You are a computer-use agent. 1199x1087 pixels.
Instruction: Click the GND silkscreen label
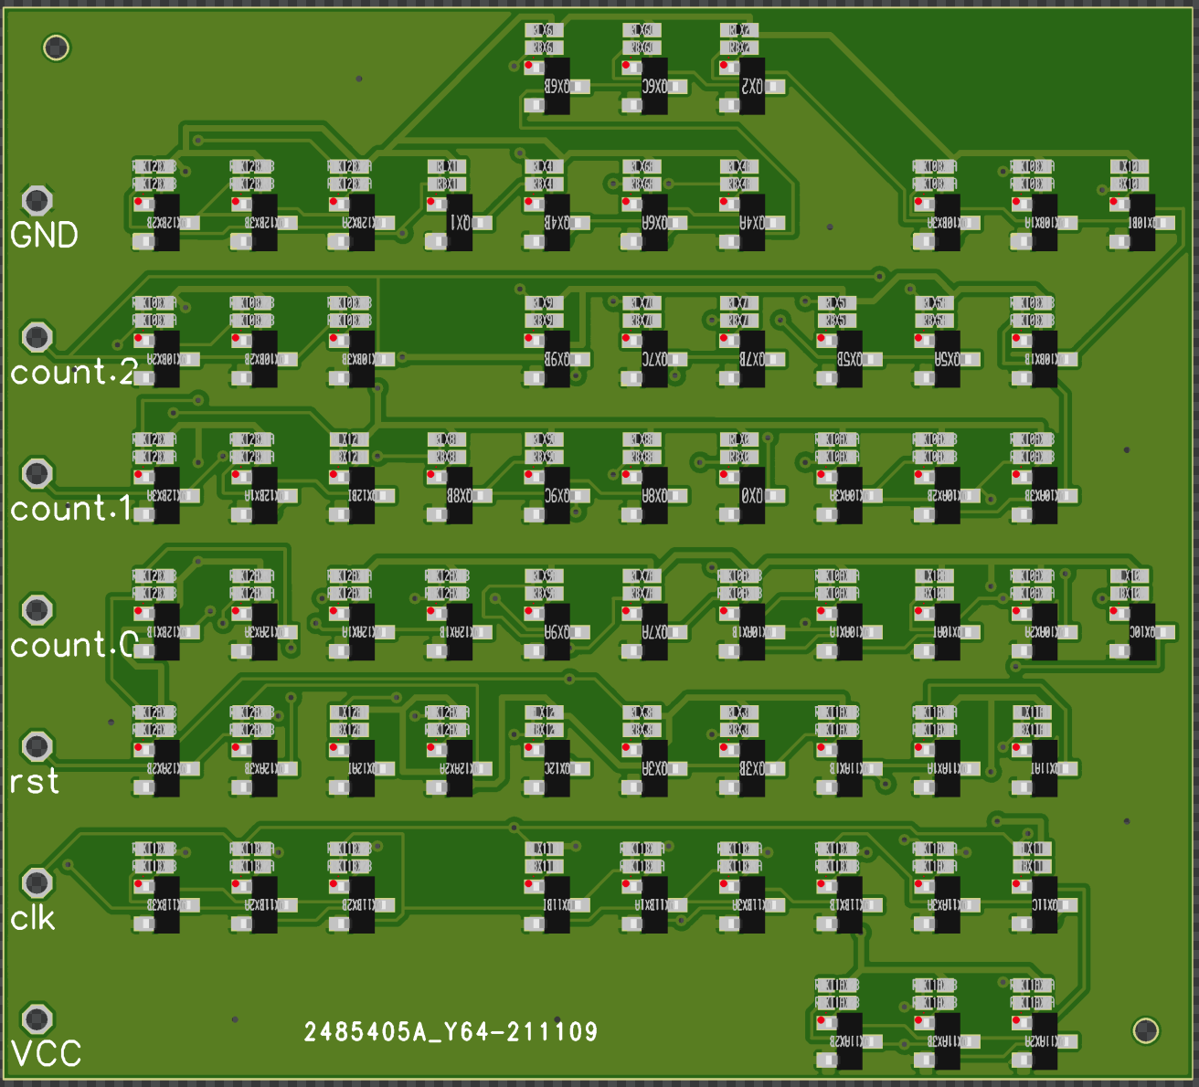pos(44,236)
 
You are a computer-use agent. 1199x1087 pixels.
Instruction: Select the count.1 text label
pos(71,509)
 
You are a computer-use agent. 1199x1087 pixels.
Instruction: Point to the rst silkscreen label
pos(34,782)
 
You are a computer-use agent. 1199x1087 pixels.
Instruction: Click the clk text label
pos(33,918)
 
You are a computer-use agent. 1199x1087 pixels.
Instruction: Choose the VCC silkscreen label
pos(46,1054)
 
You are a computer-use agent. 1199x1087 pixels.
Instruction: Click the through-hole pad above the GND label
pos(37,200)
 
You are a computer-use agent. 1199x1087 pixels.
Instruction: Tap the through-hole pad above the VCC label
pos(37,1018)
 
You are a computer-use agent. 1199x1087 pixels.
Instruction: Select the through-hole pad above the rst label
pos(37,746)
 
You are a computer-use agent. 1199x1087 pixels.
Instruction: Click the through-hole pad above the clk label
pos(37,882)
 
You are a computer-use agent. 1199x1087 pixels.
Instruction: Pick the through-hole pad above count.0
pos(37,609)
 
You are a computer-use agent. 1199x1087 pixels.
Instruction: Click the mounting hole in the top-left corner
pos(57,47)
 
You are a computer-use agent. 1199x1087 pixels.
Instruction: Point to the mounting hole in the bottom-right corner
pos(1146,1030)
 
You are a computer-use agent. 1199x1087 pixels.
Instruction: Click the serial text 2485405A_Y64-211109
pos(451,1032)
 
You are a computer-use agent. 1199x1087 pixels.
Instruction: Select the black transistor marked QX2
pos(752,87)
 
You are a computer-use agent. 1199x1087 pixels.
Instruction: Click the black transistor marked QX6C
pos(654,87)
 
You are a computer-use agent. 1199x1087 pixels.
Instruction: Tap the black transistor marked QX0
pos(752,496)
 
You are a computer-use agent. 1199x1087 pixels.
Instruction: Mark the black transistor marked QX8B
pos(460,496)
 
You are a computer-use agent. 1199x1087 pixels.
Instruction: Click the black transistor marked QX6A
pos(654,223)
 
